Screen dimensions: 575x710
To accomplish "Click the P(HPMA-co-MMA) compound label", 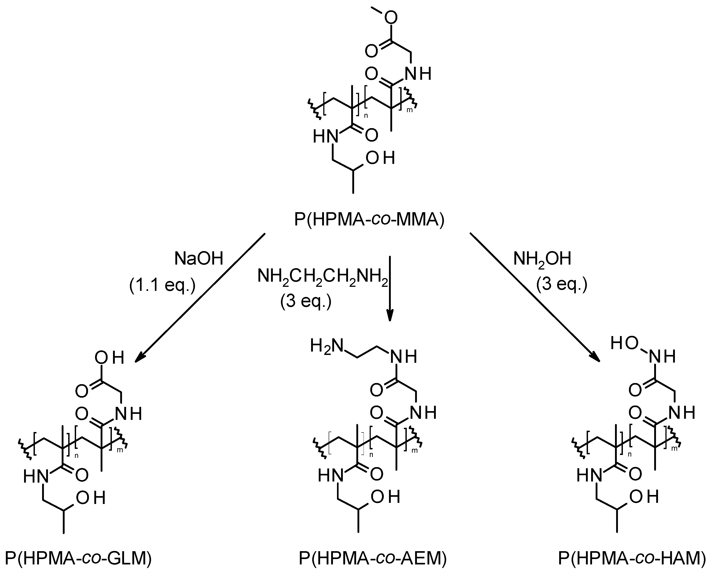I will pyautogui.click(x=369, y=220).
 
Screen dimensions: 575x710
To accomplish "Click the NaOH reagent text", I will pyautogui.click(x=199, y=259).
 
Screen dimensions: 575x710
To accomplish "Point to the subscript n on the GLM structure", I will pyautogui.click(x=77, y=456).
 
